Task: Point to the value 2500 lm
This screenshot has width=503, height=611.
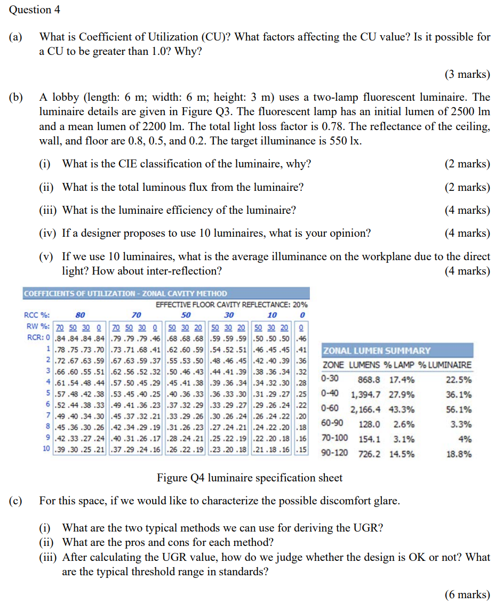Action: (469, 112)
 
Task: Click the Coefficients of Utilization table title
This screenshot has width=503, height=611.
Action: (126, 294)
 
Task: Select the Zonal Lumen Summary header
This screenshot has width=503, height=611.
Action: (377, 351)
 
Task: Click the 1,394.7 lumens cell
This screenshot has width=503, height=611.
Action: (365, 395)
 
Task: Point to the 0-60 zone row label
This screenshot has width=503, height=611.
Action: (331, 409)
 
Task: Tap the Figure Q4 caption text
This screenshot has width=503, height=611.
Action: (250, 478)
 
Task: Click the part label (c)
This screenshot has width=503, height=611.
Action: (15, 501)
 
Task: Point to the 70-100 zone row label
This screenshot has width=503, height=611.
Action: (334, 439)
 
